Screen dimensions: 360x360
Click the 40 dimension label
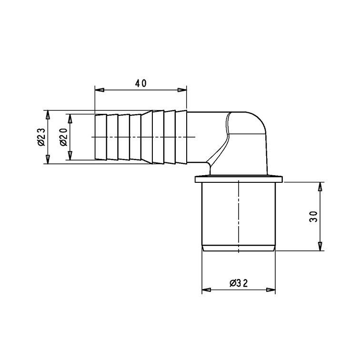pyautogui.click(x=140, y=84)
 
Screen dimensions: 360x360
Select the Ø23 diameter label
pyautogui.click(x=41, y=137)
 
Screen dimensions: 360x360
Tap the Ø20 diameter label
pyautogui.click(x=63, y=137)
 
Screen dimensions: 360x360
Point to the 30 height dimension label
pyautogui.click(x=313, y=216)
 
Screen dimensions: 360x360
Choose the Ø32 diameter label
pyautogui.click(x=239, y=283)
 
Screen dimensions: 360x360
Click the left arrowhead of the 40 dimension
pyautogui.click(x=100, y=90)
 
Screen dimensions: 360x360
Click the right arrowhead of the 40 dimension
pyautogui.click(x=182, y=90)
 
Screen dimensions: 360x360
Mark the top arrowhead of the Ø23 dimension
pyautogui.click(x=48, y=115)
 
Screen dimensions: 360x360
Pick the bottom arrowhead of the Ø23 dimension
pyautogui.click(x=48, y=160)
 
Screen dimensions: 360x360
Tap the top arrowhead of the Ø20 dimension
pyautogui.click(x=70, y=119)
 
